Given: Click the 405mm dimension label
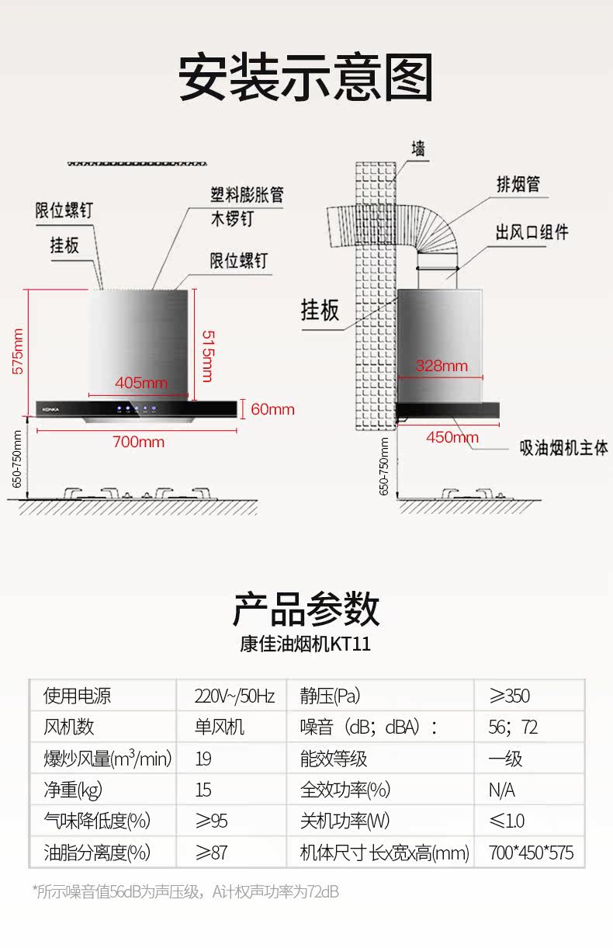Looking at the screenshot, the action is click(140, 382).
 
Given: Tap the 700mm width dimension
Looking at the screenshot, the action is click(138, 442).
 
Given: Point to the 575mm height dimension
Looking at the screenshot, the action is click(18, 351).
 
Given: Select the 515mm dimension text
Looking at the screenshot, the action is click(206, 356).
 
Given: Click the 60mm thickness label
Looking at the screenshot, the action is click(272, 409).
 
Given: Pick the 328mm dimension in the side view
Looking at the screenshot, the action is click(442, 366).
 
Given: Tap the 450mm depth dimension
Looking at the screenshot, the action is click(452, 437).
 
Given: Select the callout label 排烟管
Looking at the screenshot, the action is click(518, 184).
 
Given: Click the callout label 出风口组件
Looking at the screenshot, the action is click(532, 232).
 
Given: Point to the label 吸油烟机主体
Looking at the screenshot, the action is click(563, 448).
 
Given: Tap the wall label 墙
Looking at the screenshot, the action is click(418, 148).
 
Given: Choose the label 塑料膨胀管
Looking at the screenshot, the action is click(247, 194).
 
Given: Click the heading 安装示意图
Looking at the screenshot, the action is click(306, 78).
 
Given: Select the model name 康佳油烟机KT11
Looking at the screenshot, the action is click(306, 645).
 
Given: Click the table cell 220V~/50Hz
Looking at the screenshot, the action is click(234, 696).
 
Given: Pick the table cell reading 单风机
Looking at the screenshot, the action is click(219, 727).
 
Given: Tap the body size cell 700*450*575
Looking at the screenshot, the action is click(531, 853).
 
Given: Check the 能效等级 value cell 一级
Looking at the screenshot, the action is click(505, 759).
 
